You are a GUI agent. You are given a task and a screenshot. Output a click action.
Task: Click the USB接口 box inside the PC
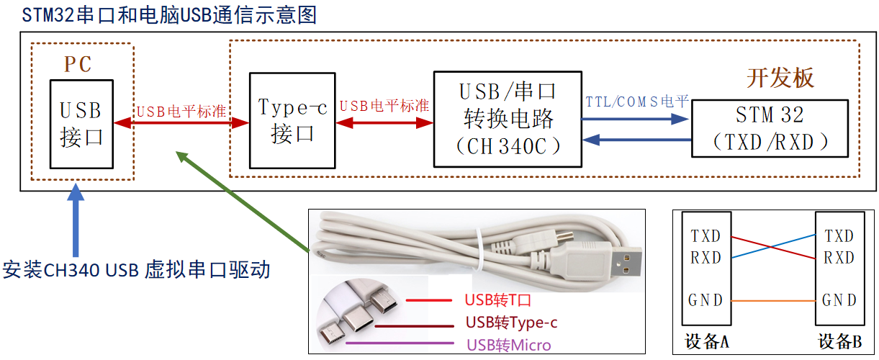point(81,123)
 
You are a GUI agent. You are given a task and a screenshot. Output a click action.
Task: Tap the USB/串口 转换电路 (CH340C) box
point(507,119)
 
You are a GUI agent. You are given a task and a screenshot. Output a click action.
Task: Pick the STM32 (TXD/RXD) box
point(769,128)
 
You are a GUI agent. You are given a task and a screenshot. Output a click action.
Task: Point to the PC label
point(78,64)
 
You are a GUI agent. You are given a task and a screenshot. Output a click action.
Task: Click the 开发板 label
point(780,78)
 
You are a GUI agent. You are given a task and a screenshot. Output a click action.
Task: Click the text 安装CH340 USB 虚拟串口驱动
point(137,270)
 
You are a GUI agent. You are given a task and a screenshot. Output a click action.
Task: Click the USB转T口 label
point(497,300)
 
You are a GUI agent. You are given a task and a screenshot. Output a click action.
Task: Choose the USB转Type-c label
point(511,322)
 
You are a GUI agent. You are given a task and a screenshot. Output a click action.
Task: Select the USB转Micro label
point(508,346)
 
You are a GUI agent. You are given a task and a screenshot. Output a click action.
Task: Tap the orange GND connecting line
point(773,300)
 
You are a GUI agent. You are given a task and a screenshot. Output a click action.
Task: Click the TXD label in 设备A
point(706,236)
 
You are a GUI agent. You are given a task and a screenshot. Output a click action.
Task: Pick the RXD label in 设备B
point(839,258)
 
